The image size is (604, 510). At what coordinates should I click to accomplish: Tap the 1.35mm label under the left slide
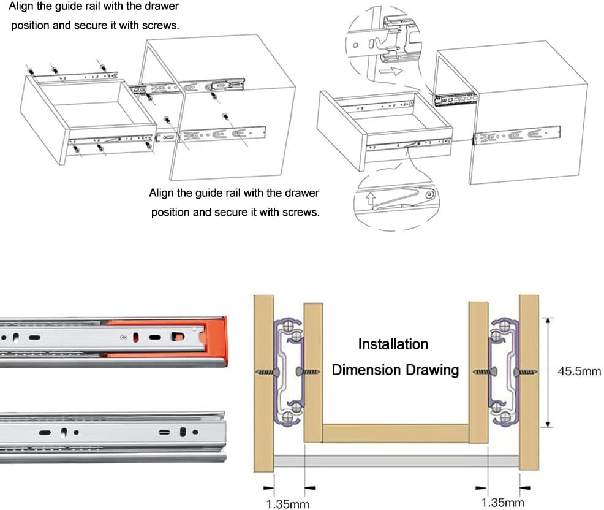[x=287, y=504]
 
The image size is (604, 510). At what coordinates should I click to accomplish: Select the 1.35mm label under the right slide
[x=502, y=503]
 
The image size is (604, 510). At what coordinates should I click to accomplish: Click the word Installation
[x=393, y=344]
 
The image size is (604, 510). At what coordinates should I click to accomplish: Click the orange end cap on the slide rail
[x=216, y=340]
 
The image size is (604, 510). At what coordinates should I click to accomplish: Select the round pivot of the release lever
[x=430, y=196]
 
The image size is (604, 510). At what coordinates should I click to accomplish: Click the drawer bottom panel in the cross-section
[x=396, y=433]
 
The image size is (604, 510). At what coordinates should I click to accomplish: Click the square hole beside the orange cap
[x=178, y=336]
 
